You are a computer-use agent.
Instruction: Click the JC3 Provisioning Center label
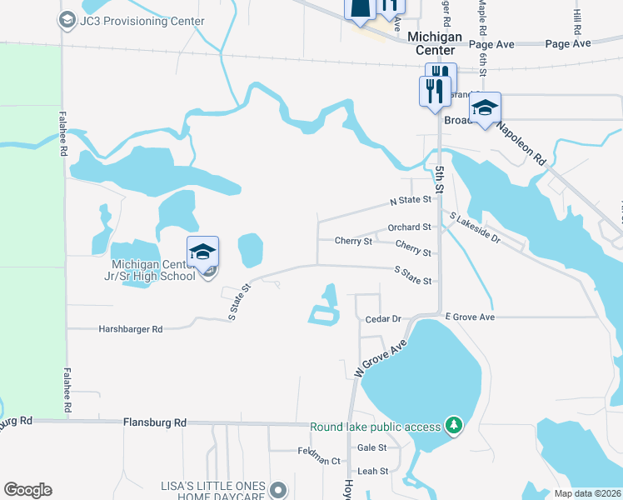click(x=142, y=21)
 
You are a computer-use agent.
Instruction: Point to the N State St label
click(x=411, y=201)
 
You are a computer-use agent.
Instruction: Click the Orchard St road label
click(x=409, y=227)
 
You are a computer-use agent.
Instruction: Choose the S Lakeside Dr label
click(x=475, y=228)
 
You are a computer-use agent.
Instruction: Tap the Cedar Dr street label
click(x=383, y=319)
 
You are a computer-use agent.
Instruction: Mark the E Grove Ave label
click(x=470, y=317)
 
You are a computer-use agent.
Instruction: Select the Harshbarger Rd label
click(x=130, y=329)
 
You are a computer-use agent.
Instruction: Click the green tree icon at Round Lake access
click(x=453, y=427)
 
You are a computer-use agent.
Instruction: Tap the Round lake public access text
click(x=375, y=427)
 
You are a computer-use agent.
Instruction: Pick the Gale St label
click(x=372, y=447)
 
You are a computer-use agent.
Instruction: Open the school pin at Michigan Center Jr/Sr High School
click(x=202, y=252)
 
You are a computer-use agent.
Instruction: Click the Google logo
click(x=27, y=490)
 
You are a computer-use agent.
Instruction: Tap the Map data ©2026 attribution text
click(x=587, y=493)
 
